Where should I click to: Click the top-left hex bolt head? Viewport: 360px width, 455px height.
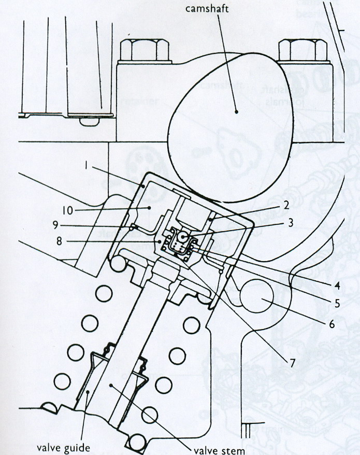pos(140,50)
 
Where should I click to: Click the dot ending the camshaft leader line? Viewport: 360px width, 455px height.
pos(236,110)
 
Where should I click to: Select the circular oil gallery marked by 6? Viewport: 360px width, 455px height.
pos(263,302)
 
